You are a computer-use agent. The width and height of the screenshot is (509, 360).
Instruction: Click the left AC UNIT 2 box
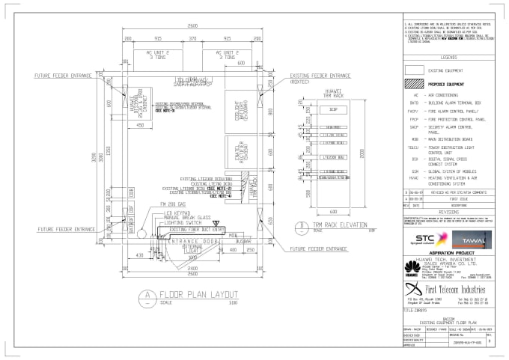tap(158, 54)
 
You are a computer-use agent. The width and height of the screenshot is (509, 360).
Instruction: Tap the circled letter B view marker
tap(300, 225)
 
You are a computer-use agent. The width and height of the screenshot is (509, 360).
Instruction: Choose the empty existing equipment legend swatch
tap(414, 70)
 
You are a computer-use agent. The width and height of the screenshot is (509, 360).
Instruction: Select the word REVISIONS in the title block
tap(449, 212)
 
